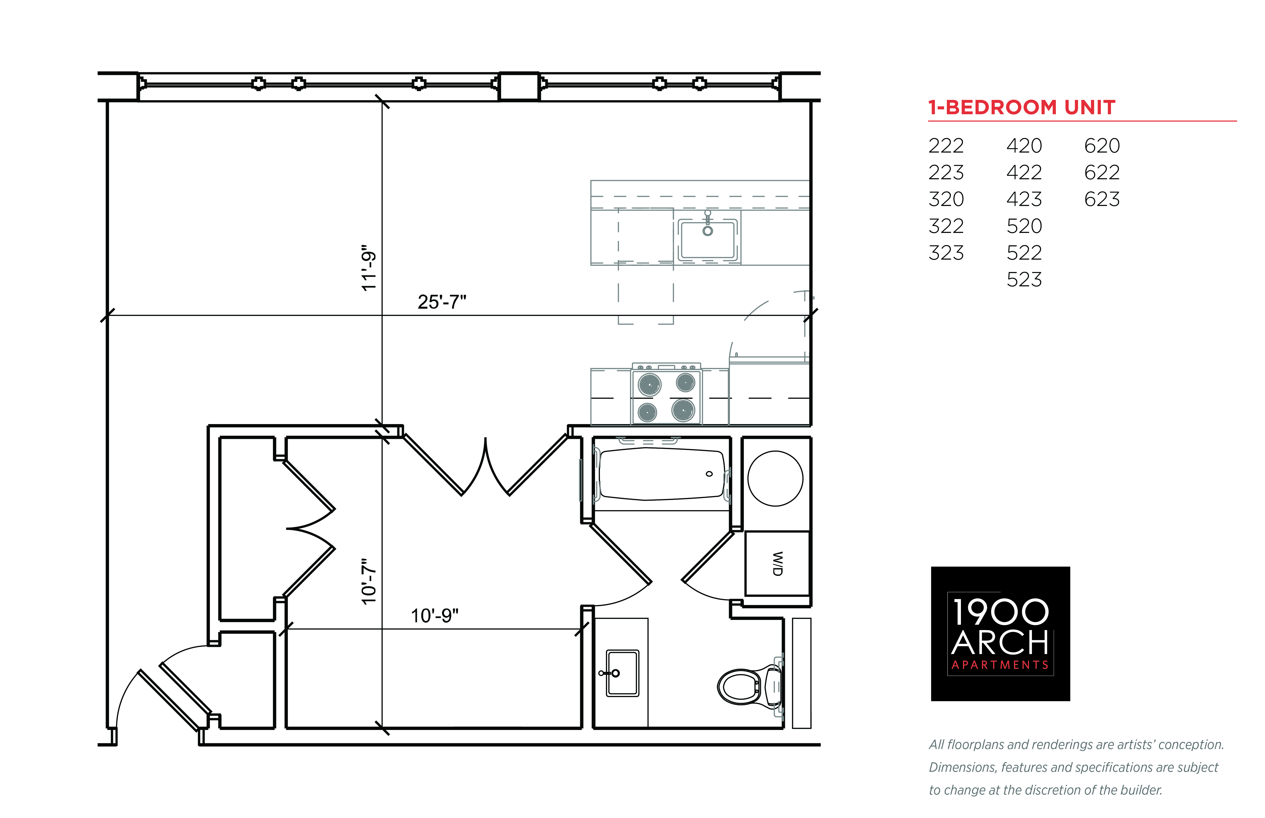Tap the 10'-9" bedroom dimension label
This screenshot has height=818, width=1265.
pos(434,616)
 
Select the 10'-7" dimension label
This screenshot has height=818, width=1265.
pos(369,581)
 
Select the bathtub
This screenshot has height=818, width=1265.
pos(661,474)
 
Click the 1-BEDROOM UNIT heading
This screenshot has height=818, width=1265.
pos(1021,107)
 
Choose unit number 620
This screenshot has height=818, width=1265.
pos(1102,146)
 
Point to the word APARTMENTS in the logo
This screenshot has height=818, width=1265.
pos(1000,665)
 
